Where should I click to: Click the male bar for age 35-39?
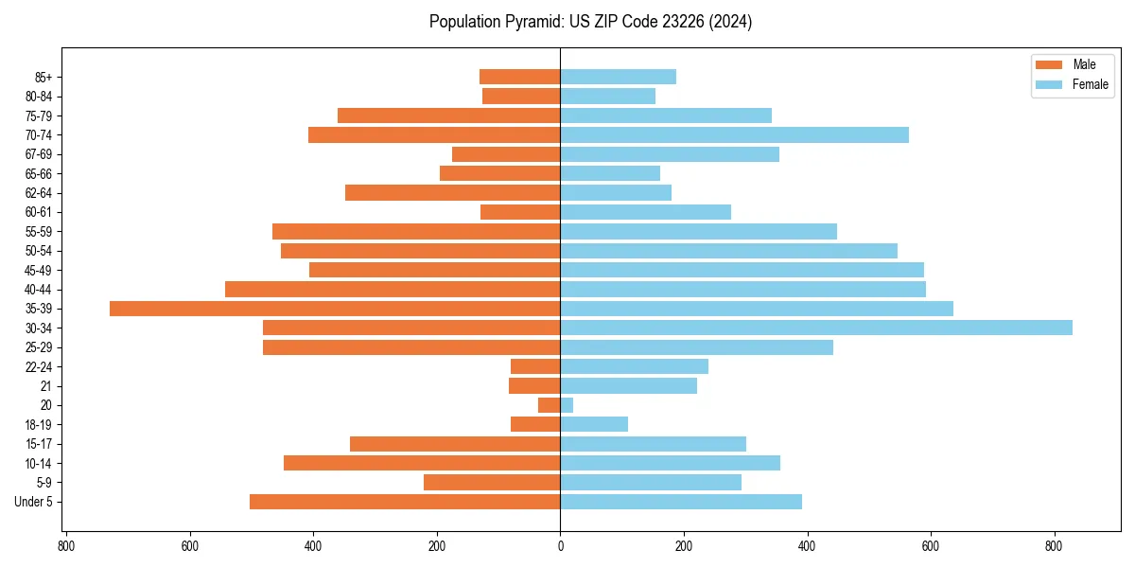point(335,309)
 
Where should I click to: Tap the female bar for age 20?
point(567,405)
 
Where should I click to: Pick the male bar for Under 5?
point(405,502)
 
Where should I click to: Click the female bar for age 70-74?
point(734,135)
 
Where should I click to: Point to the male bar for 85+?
point(519,77)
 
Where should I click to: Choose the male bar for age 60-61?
point(520,212)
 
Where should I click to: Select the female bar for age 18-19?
point(594,424)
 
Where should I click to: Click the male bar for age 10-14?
point(422,463)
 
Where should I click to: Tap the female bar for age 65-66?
point(610,173)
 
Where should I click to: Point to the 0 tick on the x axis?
point(560,545)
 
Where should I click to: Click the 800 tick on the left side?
point(66,545)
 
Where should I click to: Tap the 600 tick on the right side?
point(931,545)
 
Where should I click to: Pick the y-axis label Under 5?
point(33,502)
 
